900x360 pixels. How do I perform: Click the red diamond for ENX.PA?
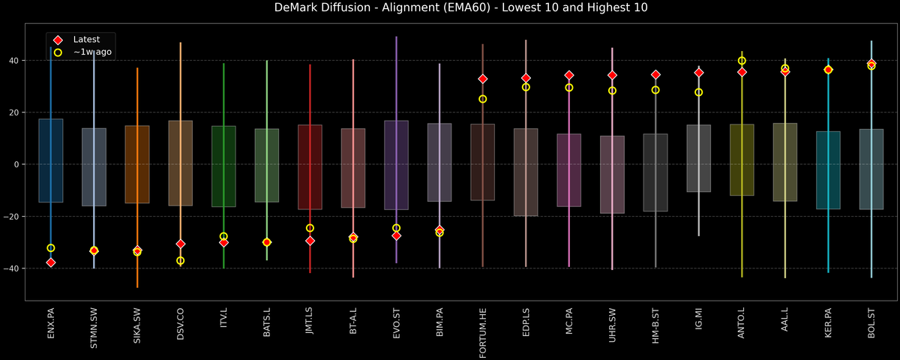(50, 262)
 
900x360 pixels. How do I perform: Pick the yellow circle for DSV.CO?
(180, 260)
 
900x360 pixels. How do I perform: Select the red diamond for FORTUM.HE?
(483, 79)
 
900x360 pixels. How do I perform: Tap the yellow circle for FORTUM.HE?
(483, 99)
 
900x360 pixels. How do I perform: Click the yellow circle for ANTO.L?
(742, 61)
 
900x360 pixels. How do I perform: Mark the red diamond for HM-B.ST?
(655, 75)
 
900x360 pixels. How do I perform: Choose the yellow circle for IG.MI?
(699, 92)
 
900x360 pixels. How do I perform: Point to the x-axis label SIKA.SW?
(137, 325)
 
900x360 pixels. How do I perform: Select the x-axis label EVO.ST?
(397, 323)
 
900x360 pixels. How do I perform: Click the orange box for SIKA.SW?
(137, 164)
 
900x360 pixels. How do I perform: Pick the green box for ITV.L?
(223, 166)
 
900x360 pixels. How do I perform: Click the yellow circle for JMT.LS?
(310, 228)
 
